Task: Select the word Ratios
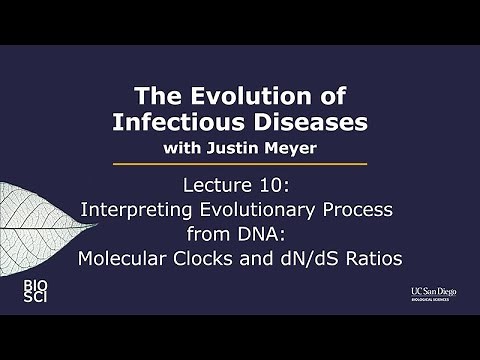point(374,259)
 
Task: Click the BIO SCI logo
point(35,292)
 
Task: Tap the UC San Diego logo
point(419,293)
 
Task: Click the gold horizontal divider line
point(240,164)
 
